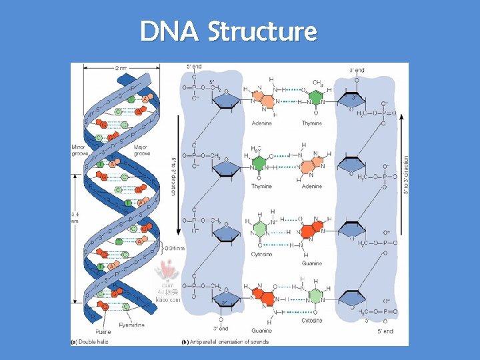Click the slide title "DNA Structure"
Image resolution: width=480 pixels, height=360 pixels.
click(228, 31)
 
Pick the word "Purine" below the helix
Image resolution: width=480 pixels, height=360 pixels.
click(103, 331)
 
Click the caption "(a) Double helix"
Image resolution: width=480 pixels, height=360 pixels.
click(91, 342)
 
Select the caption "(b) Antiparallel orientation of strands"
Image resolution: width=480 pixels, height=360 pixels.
click(226, 342)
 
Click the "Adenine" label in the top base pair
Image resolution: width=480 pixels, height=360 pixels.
click(263, 123)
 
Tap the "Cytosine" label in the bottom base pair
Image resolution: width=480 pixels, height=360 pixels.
click(311, 320)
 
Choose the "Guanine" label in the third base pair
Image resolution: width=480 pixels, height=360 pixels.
click(311, 263)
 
